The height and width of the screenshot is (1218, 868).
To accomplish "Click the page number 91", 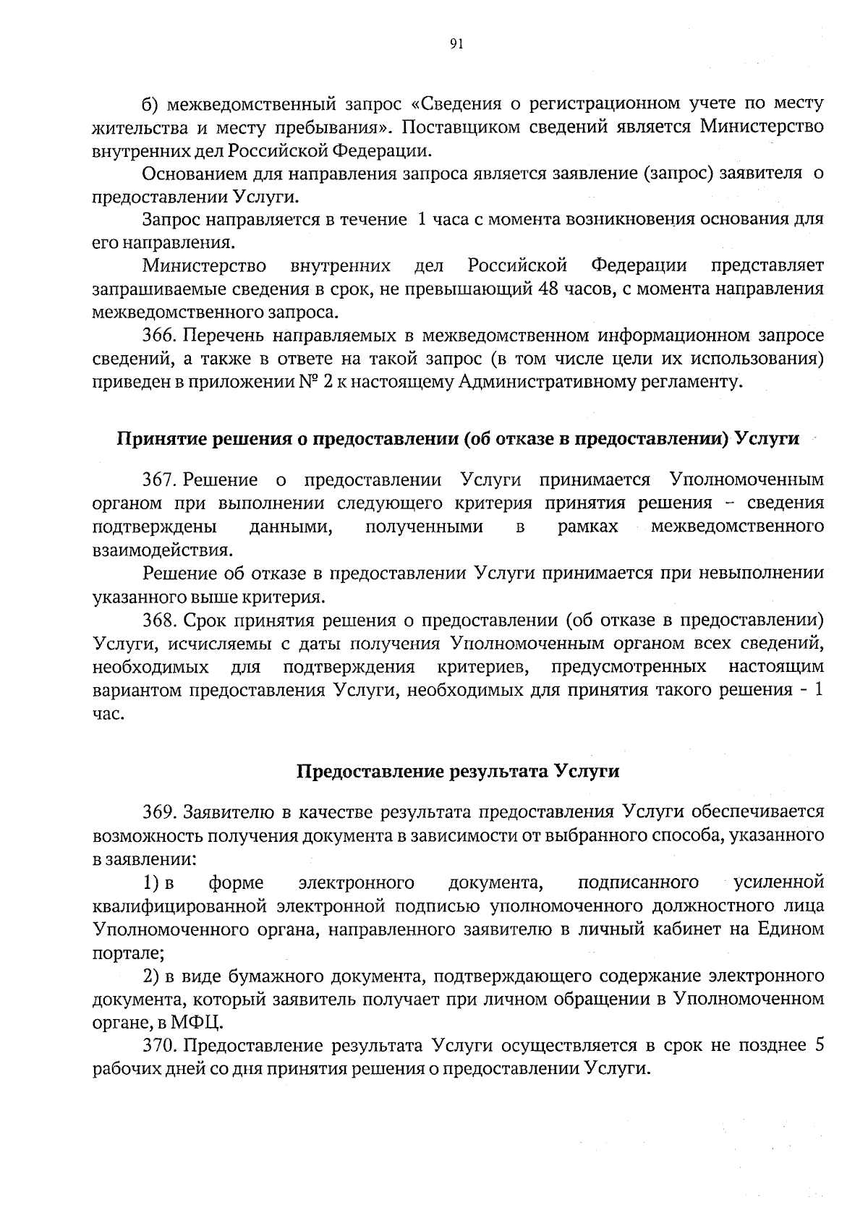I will pos(456,45).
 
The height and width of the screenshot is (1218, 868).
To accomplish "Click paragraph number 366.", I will pos(160,336).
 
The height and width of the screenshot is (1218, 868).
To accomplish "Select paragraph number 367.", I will pos(160,480).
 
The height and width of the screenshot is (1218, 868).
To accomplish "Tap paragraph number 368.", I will pos(160,620).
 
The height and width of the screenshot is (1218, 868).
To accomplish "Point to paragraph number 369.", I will pos(160,812).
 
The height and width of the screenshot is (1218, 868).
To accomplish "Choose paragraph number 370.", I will pos(160,1046).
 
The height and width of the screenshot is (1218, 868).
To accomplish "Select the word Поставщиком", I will pos(463,127).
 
